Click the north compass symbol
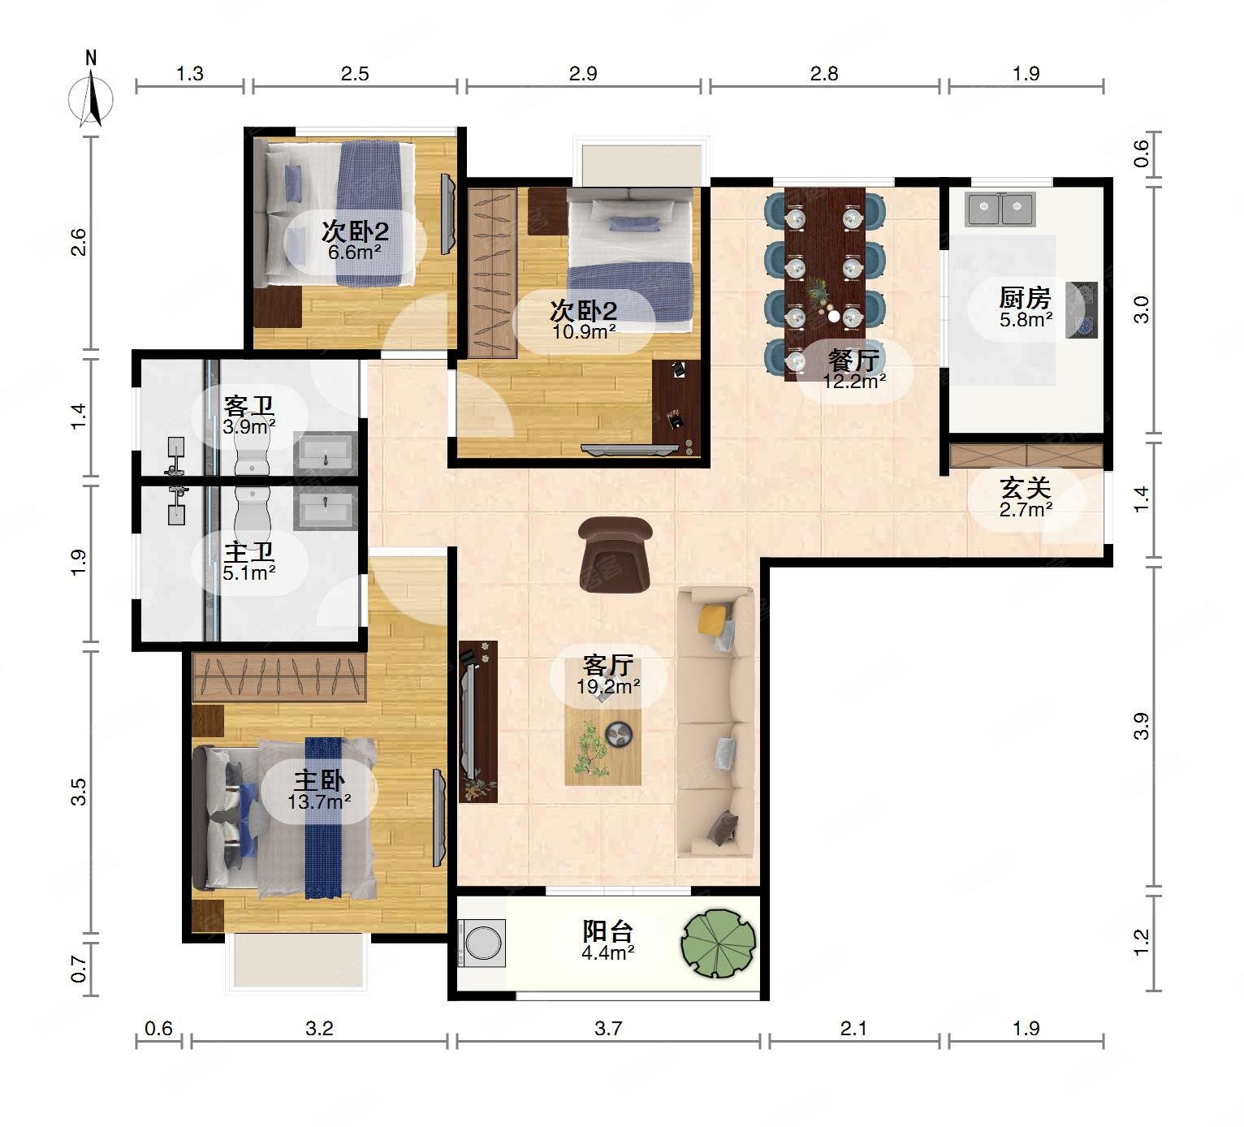point(92,93)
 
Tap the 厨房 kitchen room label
point(1025,298)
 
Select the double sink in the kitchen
point(1000,209)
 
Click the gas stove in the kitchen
point(1082,310)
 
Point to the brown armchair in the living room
point(615,554)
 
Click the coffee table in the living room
point(603,739)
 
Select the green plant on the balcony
point(719,943)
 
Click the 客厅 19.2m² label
point(607,675)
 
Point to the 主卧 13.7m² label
point(319,790)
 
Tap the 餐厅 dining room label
point(854,360)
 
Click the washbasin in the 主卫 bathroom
point(326,508)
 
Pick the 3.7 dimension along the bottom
point(607,1029)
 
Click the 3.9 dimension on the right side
point(1141,727)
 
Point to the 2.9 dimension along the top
point(583,74)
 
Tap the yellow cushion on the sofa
point(711,619)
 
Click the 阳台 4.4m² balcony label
point(607,941)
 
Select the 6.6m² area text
point(355,253)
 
